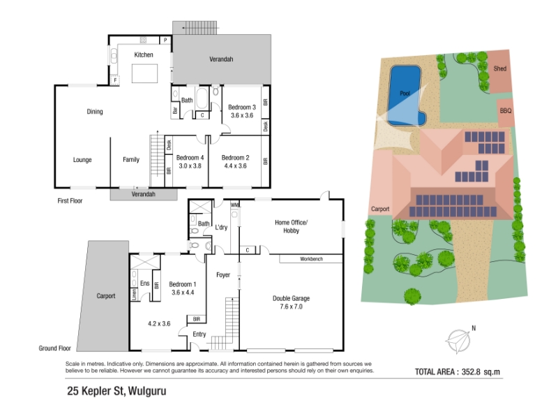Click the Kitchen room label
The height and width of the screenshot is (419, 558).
144,55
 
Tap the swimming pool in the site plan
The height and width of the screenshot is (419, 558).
406,95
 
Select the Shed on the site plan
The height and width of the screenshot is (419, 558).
499,72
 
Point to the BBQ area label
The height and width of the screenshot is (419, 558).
505,111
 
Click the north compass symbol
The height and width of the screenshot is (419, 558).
459,341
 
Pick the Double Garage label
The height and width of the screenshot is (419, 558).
291,299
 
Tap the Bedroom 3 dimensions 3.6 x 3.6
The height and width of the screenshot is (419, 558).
242,115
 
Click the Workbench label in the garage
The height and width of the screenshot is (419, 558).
311,259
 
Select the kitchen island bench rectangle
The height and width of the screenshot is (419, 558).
144,73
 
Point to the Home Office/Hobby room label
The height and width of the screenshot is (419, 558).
291,226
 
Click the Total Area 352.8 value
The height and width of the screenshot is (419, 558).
471,372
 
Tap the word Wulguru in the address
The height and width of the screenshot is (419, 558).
147,391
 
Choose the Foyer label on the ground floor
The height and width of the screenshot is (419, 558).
223,275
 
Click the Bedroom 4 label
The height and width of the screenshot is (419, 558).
190,158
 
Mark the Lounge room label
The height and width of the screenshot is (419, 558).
82,160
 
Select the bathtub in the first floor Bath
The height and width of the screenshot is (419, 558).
202,98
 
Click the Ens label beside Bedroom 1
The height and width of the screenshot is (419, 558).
145,284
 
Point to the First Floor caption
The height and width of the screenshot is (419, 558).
70,201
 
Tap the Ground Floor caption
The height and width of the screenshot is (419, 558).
55,348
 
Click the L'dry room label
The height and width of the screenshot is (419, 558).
221,228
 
